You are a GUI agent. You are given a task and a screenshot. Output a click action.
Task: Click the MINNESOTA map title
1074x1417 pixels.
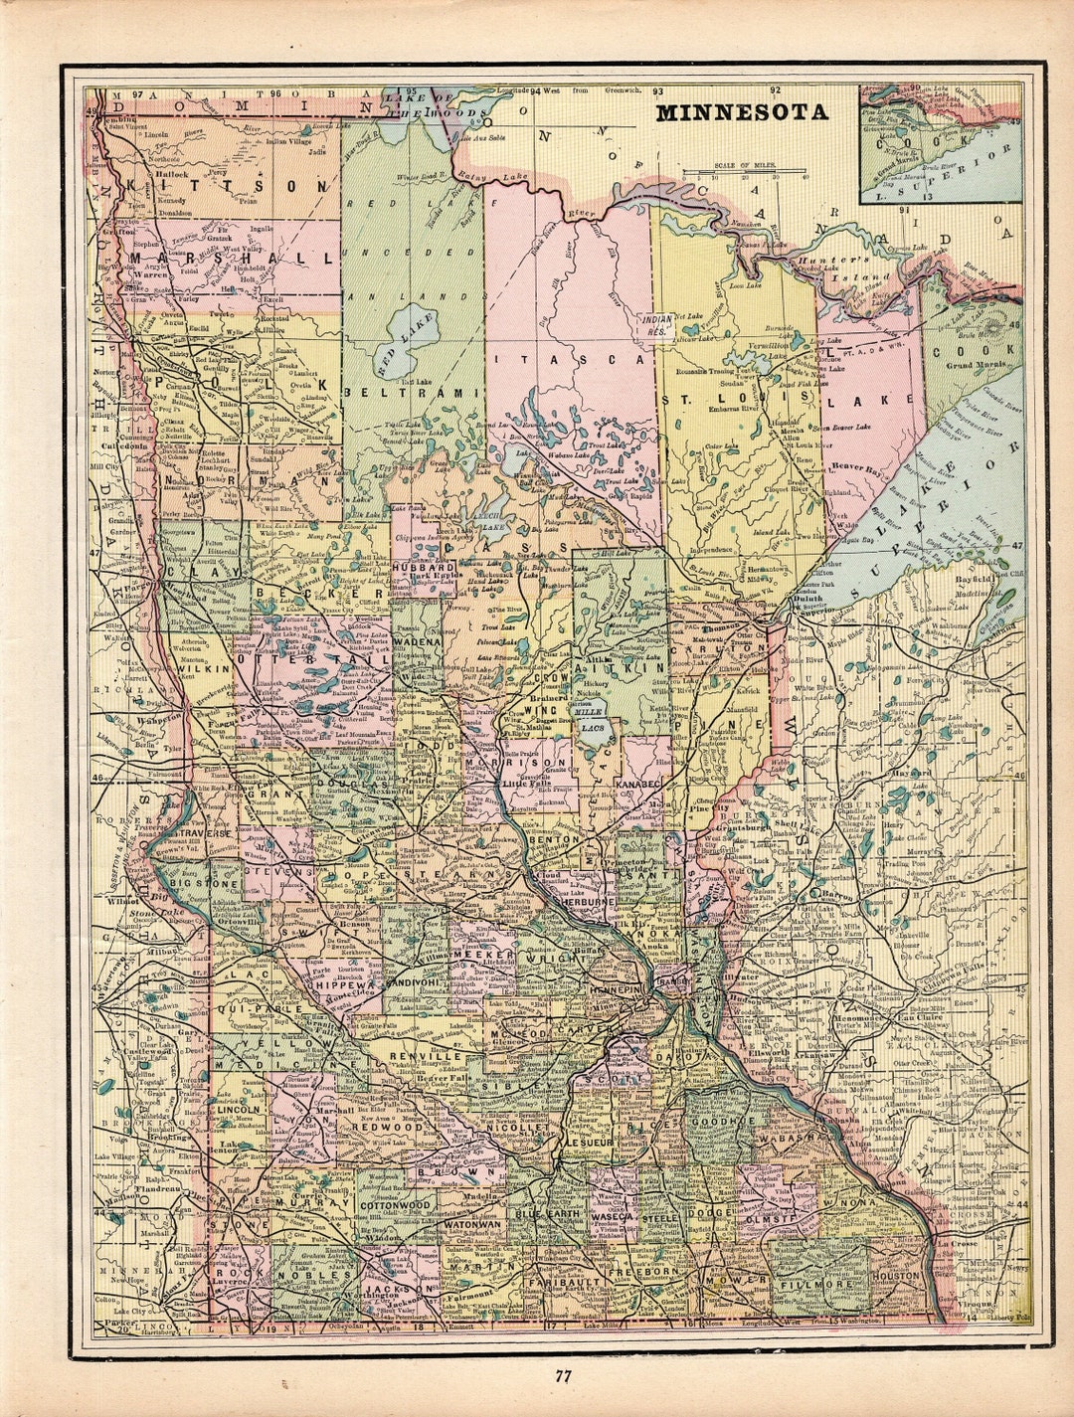(x=741, y=112)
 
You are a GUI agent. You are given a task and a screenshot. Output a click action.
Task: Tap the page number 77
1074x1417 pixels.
(x=563, y=1376)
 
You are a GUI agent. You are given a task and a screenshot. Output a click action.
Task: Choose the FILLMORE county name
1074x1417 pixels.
(x=815, y=1284)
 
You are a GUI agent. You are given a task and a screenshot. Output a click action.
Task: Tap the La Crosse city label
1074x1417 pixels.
(x=961, y=1243)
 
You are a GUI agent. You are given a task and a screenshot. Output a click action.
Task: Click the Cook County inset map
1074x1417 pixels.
(x=940, y=143)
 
